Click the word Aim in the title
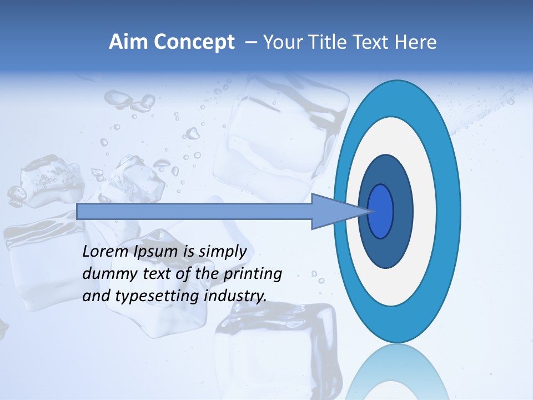126,42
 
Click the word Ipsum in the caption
157,252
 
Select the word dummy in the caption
106,274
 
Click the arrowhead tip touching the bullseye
369,211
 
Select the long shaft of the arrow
194,211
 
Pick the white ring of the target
424,211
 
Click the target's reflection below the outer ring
398,372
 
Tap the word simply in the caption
223,252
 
